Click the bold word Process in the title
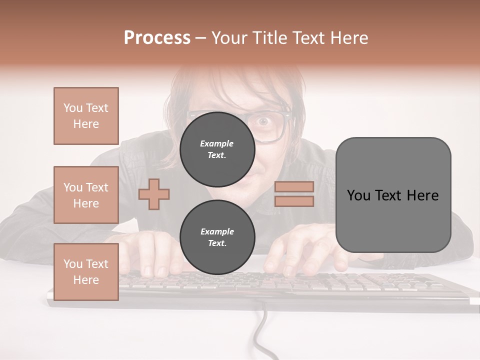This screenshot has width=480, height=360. coord(157,38)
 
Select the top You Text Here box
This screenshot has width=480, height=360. coord(86,116)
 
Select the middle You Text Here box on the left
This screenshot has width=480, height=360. coord(86,195)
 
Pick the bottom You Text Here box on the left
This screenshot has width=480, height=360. coord(86,271)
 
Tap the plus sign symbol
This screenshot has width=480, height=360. coord(154,194)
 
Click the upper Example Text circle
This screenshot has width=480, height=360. coord(217,149)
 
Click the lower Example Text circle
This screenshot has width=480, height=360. coord(217,237)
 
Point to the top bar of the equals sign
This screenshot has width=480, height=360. coord(294,187)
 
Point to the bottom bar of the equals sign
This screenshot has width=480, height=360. coord(294,201)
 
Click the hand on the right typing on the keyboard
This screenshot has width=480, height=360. coord(295,247)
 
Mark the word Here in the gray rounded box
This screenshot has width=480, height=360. coord(422,195)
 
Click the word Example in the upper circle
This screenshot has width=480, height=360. coord(217,143)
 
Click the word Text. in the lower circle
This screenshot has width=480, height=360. coord(217,243)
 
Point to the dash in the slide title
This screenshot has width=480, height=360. coord(201,38)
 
